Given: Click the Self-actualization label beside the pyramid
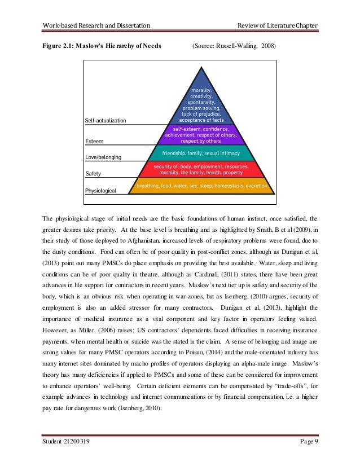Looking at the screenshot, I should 106,120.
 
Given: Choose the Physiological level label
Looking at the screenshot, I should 100,191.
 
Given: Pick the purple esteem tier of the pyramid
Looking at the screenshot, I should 201,135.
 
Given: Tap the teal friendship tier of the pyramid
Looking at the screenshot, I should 201,153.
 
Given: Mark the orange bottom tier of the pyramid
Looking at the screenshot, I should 201,185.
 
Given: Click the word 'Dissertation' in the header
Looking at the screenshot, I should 132,25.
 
